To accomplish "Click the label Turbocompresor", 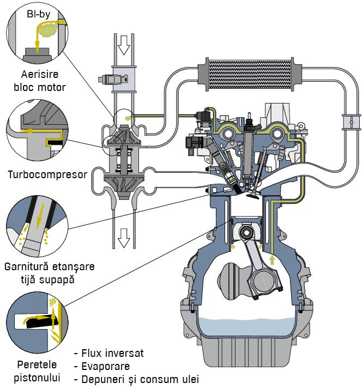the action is point(47,175).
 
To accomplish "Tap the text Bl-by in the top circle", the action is point(39,14).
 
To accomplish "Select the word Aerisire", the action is point(40,74).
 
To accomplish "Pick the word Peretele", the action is point(37,364).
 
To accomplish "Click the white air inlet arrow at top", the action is point(124,45).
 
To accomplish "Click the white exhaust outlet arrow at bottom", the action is point(124,238).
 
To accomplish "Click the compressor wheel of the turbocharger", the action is point(123,136).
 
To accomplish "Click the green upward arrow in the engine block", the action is point(272,260).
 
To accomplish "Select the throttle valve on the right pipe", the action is point(351,122).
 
